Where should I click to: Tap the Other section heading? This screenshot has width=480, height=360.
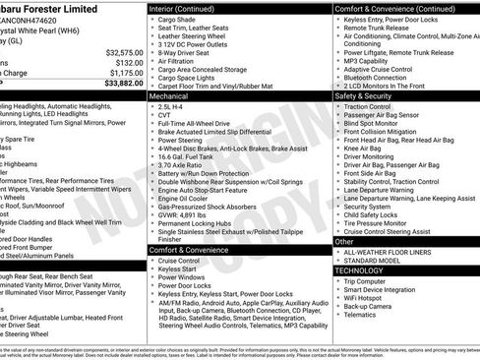343,241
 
